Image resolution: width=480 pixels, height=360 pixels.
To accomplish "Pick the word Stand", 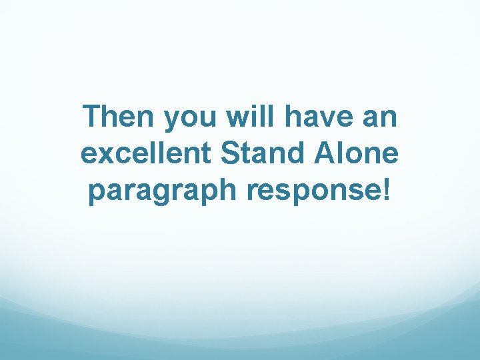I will tap(261, 154).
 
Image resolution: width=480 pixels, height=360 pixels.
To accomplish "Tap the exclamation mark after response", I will tap(389, 190).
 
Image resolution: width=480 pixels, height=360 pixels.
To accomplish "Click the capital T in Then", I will tap(93, 118).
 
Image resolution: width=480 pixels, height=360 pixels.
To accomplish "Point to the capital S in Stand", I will tap(230, 154).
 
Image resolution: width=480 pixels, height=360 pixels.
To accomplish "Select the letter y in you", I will tap(171, 123).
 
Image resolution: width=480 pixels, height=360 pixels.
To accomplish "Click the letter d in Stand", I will tap(292, 154).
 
